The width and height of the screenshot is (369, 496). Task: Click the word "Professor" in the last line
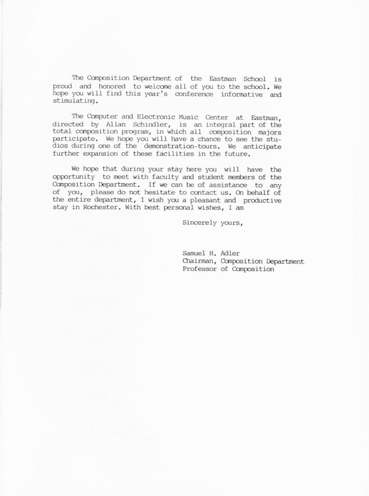pos(200,270)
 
